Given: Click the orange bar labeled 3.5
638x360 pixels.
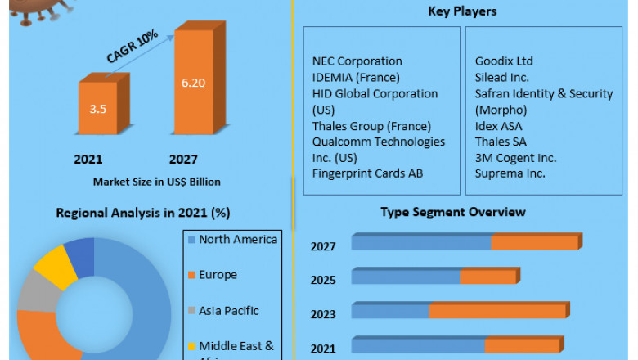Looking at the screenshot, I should (97, 107).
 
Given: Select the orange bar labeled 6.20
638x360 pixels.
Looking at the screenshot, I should (194, 83).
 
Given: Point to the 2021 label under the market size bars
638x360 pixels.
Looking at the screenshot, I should (88, 159).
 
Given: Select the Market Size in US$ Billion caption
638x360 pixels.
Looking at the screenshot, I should (156, 181).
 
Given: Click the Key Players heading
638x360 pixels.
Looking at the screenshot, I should (462, 11).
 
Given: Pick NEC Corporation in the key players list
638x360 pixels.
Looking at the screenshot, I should (357, 61).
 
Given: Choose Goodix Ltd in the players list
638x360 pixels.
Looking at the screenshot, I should (504, 61).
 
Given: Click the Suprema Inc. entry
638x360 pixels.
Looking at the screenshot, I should (510, 173).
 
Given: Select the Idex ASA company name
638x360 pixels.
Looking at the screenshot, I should (498, 125).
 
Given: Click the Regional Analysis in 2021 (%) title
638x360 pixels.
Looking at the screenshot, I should (142, 213).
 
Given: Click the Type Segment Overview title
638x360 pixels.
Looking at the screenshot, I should (452, 212).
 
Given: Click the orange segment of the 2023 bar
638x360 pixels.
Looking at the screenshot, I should (496, 311).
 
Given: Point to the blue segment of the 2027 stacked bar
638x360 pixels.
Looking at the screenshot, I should (420, 243).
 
